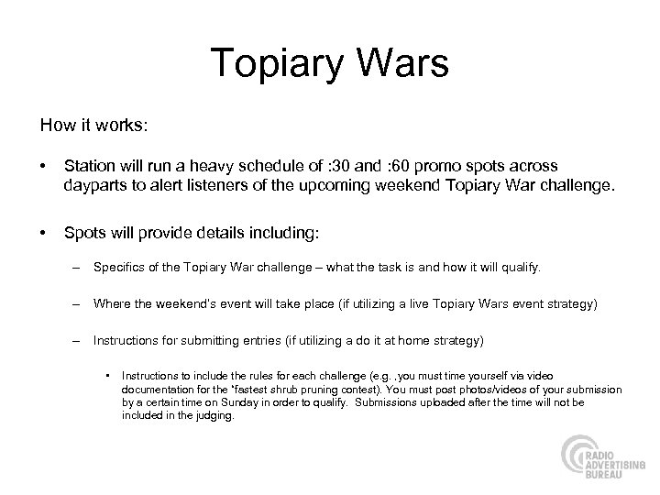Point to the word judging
click(x=216, y=415)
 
